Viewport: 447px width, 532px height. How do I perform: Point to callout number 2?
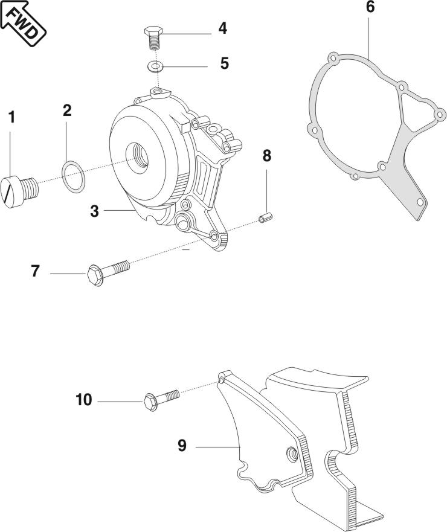pyautogui.click(x=67, y=110)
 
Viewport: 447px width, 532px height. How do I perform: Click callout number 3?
pyautogui.click(x=94, y=211)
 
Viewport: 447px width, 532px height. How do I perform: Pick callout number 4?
pyautogui.click(x=223, y=28)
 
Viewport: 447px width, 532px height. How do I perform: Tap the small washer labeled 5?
pyautogui.click(x=156, y=65)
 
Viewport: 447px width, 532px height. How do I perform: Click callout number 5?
pyautogui.click(x=224, y=63)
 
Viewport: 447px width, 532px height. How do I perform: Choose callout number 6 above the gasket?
pyautogui.click(x=370, y=8)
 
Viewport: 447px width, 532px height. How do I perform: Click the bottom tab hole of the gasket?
pyautogui.click(x=420, y=202)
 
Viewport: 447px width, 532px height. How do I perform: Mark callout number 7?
pyautogui.click(x=36, y=271)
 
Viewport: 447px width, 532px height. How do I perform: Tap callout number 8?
pyautogui.click(x=266, y=155)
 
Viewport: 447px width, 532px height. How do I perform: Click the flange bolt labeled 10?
pyautogui.click(x=159, y=399)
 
